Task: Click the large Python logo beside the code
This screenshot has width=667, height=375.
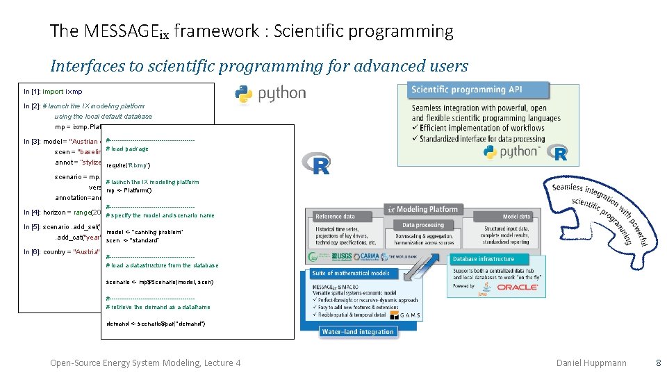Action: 270,94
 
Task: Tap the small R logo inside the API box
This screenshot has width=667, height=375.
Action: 560,153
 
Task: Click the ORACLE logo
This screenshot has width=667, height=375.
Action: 517,286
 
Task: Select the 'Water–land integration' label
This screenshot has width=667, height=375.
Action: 359,331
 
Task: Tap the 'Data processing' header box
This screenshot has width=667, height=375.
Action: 423,225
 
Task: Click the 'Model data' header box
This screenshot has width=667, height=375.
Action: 516,217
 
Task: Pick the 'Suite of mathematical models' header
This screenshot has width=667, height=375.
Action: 352,273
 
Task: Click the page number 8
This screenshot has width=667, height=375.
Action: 658,362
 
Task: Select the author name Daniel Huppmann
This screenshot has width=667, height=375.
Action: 591,362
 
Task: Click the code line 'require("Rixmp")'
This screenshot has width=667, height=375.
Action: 129,165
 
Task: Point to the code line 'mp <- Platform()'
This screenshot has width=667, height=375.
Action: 129,190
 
